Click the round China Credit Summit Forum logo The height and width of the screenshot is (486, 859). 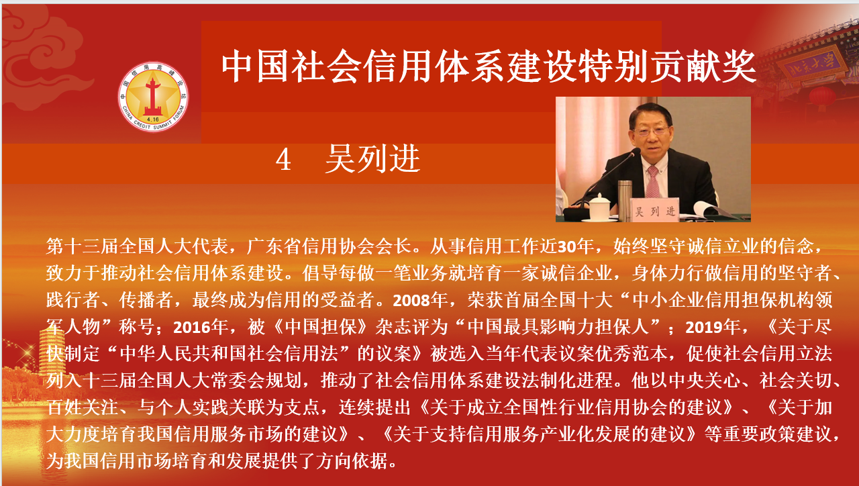[x=153, y=97]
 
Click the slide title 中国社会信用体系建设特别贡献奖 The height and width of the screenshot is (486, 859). [x=489, y=66]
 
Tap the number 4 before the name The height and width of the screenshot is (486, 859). [x=283, y=160]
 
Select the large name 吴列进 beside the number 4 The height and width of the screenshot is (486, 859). [x=372, y=159]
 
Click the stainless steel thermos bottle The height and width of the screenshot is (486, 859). [x=624, y=200]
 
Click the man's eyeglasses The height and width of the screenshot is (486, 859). [x=650, y=131]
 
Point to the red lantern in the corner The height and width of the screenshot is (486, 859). [x=822, y=97]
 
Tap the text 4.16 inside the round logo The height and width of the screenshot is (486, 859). [x=153, y=119]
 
